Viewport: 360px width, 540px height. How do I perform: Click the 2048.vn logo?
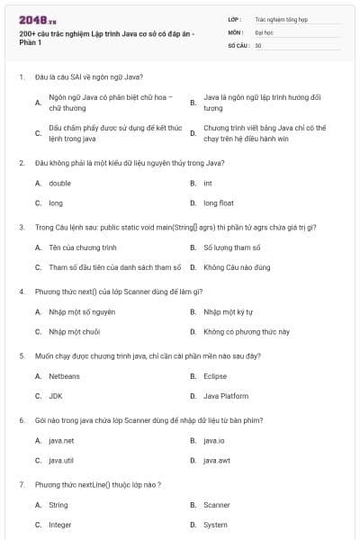[x=37, y=19]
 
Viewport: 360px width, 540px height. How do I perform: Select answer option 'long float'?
[x=218, y=202]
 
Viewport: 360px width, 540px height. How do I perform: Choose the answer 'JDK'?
[x=55, y=396]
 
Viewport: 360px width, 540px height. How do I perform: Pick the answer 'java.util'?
[x=61, y=460]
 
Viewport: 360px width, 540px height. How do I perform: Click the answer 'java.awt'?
[x=217, y=460]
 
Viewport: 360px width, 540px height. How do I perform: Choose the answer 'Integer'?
[x=59, y=524]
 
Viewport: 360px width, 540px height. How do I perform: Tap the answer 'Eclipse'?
[x=215, y=376]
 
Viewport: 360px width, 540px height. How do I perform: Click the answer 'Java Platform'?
[x=226, y=396]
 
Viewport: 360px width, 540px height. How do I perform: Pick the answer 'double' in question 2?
[x=59, y=183]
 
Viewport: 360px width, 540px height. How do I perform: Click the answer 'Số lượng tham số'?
[x=231, y=247]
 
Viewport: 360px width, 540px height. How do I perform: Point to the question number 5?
[x=21, y=355]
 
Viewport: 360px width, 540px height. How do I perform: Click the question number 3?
[x=21, y=227]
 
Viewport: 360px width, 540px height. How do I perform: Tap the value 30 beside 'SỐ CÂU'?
[x=258, y=44]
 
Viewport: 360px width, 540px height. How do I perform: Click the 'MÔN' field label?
[x=235, y=31]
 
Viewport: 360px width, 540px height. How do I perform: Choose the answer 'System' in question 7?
[x=215, y=524]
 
